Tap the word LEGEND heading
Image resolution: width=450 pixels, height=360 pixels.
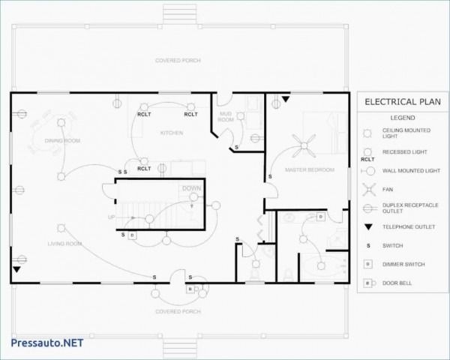tap(402, 118)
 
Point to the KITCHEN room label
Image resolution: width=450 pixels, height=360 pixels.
tap(172, 133)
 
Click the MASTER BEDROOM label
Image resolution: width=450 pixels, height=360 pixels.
tap(310, 170)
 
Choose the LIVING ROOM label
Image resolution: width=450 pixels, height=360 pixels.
tap(65, 244)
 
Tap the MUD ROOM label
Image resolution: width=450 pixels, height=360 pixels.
tap(225, 116)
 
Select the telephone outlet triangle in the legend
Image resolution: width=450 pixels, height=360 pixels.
tap(368, 226)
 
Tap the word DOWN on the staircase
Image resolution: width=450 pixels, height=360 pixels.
tap(191, 188)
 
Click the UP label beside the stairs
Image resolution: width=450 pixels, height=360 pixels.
tap(112, 217)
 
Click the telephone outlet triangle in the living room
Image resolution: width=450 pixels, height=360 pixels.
tap(16, 268)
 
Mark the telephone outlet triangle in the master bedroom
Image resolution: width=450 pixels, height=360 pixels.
tap(285, 99)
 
